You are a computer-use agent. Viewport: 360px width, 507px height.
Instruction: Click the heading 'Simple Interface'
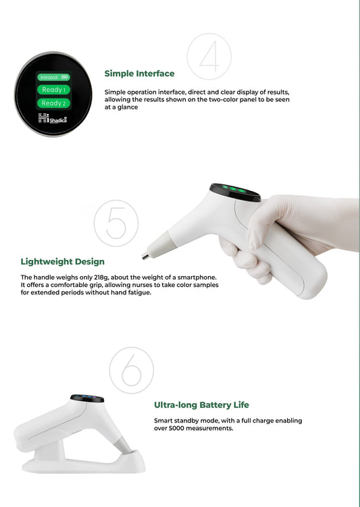(139, 74)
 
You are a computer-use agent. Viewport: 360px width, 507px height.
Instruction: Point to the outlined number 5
(115, 222)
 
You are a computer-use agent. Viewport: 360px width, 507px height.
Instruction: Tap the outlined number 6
(132, 371)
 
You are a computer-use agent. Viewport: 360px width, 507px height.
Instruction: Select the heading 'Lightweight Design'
(63, 261)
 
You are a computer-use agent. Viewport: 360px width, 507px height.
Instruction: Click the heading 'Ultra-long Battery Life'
(201, 405)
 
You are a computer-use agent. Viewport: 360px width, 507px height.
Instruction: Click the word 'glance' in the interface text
(128, 107)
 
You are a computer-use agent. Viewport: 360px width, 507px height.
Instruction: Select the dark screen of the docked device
(86, 398)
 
